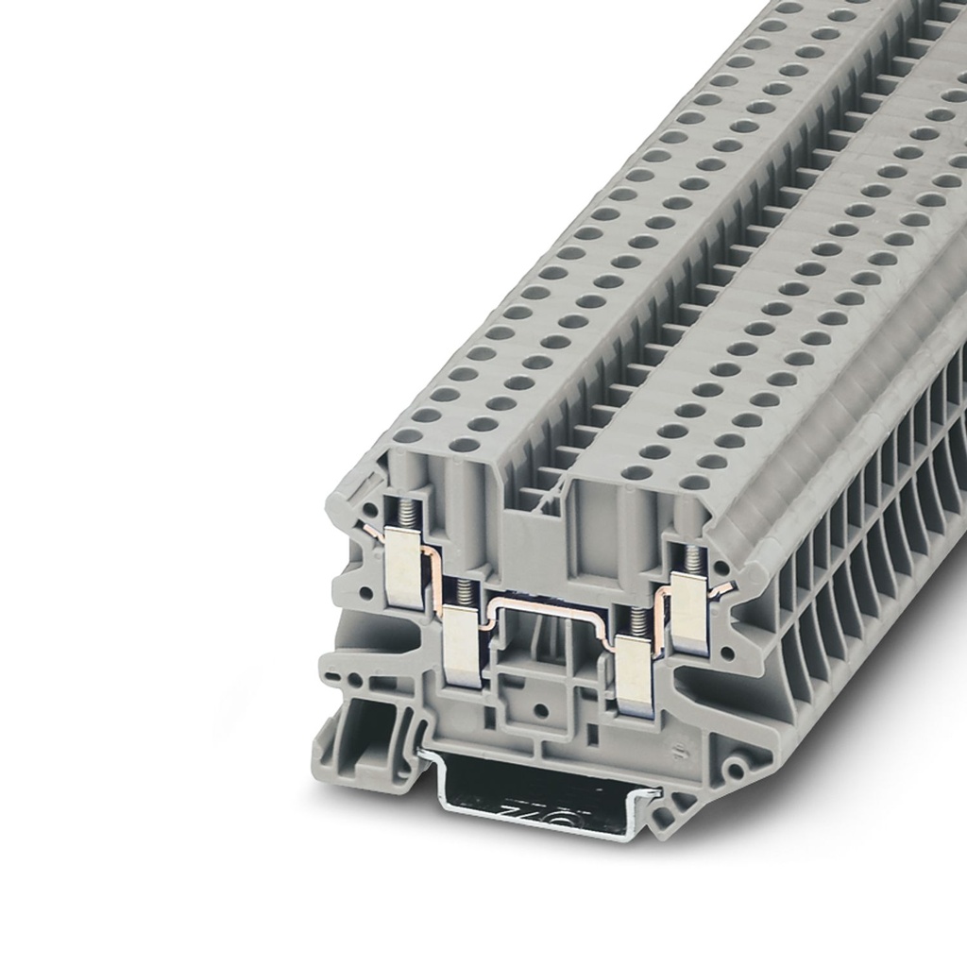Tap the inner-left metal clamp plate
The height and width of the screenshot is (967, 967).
tap(463, 647)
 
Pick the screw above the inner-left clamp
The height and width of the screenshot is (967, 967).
tap(464, 593)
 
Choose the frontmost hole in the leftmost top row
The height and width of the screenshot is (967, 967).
tap(408, 437)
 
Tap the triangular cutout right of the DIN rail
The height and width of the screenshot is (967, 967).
tap(673, 810)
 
